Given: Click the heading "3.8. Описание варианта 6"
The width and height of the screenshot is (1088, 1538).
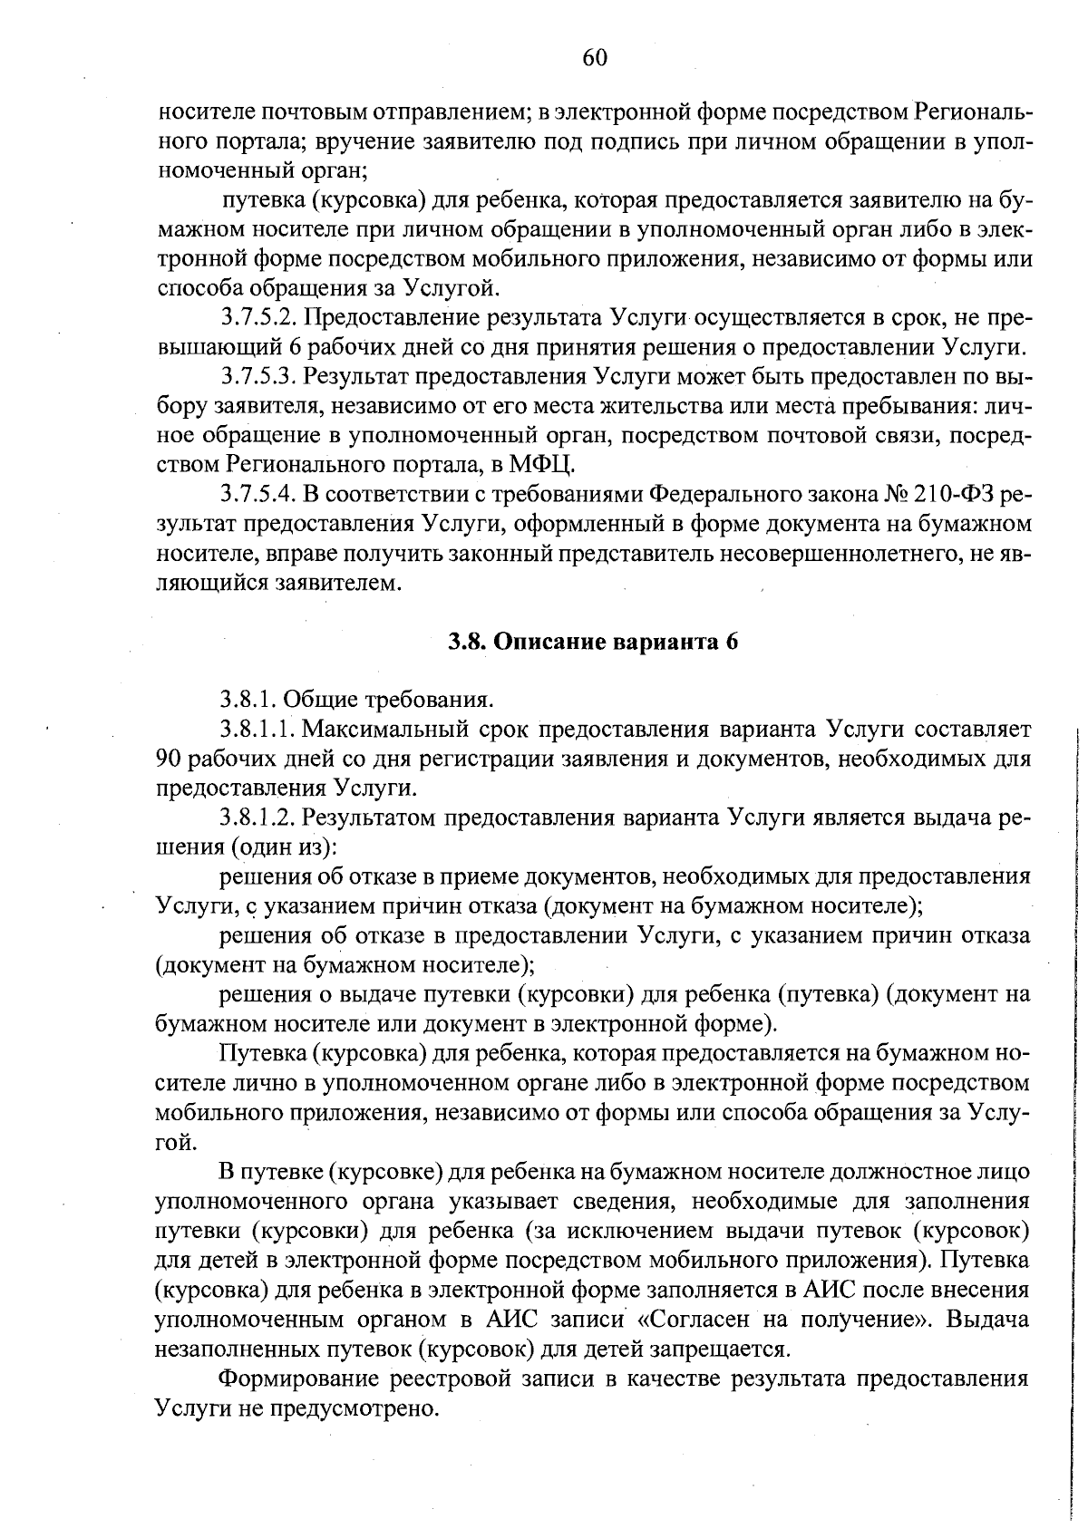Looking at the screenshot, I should click(594, 642).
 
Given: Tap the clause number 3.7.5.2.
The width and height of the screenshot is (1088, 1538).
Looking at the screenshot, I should click(259, 318).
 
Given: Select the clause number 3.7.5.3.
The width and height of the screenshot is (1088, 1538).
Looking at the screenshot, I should click(259, 377).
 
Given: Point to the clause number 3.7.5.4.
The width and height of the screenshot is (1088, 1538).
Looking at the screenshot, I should click(259, 495).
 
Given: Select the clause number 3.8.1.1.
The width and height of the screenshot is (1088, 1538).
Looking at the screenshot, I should click(259, 729).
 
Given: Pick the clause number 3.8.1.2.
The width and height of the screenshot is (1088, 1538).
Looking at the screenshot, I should click(259, 817).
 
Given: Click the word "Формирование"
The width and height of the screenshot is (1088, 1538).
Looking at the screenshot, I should click(297, 1378).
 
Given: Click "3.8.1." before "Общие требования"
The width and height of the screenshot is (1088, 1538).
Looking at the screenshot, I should click(249, 699).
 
